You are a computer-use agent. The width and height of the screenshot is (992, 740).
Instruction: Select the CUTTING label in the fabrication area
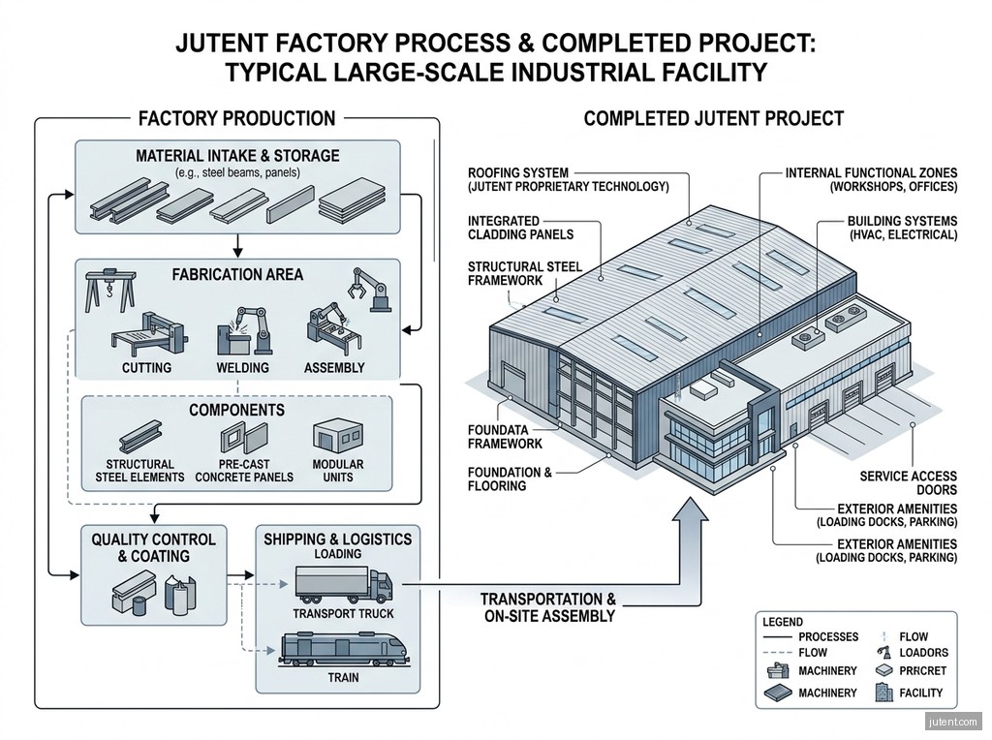pos(147,367)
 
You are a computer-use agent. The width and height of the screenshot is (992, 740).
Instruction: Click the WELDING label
pos(242,367)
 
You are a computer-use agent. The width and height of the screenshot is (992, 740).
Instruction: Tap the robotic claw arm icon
pos(368,289)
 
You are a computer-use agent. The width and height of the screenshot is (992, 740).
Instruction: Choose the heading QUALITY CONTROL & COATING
pos(154,547)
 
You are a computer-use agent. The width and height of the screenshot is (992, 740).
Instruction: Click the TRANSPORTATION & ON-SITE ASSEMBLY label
pos(548,607)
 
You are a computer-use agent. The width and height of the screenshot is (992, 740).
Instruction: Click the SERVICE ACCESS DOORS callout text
pos(908,482)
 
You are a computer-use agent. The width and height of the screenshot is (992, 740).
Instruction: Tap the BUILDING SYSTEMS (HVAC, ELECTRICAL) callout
pos(902,228)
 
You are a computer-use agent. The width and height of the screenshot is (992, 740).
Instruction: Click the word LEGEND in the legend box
pos(783,622)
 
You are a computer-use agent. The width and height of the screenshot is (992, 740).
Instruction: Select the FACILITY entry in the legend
pos(921,693)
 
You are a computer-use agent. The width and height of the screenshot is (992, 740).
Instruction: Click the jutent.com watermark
pos(953,722)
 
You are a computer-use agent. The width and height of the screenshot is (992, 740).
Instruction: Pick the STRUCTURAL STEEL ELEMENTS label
pos(139,471)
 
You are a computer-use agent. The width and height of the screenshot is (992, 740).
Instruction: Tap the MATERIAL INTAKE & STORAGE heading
pos(237,156)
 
